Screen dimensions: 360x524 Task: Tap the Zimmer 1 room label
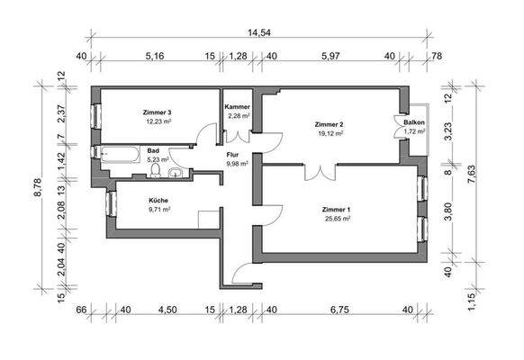tap(335, 210)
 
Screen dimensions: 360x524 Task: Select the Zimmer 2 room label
tap(329, 123)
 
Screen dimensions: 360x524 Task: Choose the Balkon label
tap(414, 123)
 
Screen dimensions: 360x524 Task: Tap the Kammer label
tap(238, 107)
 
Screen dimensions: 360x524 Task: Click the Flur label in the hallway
tap(231, 154)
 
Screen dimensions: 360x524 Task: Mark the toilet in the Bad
tap(157, 168)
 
